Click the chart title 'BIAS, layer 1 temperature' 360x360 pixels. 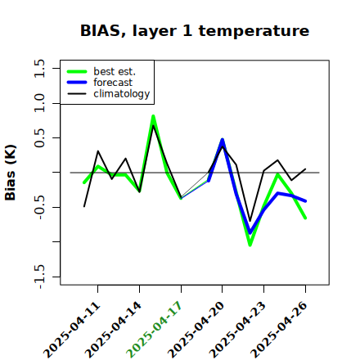click(x=195, y=31)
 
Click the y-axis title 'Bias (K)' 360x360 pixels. click(x=11, y=173)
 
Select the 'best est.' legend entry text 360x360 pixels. click(x=115, y=71)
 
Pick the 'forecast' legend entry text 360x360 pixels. click(x=113, y=83)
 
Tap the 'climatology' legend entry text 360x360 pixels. click(x=122, y=94)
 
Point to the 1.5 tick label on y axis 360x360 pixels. click(x=39, y=68)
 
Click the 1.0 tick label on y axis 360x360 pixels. click(x=39, y=103)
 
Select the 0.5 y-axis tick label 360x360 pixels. click(x=39, y=138)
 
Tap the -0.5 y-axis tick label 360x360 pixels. click(x=39, y=208)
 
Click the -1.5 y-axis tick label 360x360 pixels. click(x=39, y=277)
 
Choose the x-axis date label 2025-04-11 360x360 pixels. click(x=72, y=330)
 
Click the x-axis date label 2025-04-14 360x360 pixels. click(x=113, y=330)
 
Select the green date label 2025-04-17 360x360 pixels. click(x=154, y=330)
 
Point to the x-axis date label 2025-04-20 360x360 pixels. click(x=196, y=330)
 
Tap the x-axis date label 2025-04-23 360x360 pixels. click(x=237, y=330)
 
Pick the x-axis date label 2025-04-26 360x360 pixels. click(x=278, y=330)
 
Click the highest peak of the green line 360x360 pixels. click(x=153, y=116)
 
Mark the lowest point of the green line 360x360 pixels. click(x=250, y=245)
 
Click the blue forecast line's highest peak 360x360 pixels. click(x=223, y=140)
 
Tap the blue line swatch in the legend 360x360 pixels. click(x=77, y=83)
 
